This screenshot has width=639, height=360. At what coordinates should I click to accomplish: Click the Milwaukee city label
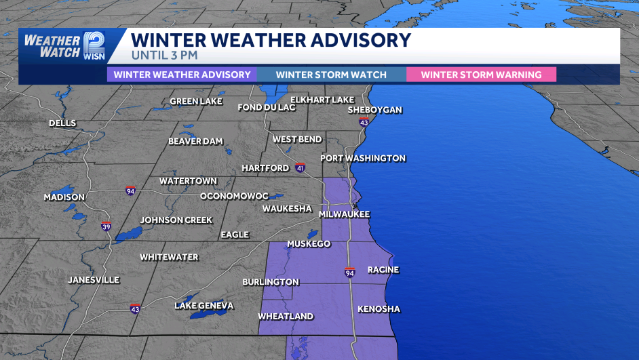click(x=345, y=214)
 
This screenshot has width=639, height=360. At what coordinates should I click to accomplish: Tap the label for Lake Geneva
click(x=204, y=306)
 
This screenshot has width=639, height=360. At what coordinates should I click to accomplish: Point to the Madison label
click(x=64, y=197)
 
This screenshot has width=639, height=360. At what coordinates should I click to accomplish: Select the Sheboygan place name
click(x=375, y=110)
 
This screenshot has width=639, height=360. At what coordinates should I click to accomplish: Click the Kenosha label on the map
click(x=379, y=309)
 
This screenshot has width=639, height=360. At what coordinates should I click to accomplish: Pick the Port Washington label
click(x=364, y=158)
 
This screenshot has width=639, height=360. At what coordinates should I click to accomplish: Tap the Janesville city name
click(x=94, y=279)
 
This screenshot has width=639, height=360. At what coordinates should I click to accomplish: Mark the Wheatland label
click(x=286, y=317)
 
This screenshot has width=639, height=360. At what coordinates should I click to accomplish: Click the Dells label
click(x=62, y=123)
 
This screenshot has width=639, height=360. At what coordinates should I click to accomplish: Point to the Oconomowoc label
click(x=234, y=196)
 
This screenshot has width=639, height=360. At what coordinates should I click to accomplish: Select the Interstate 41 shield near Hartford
click(x=300, y=167)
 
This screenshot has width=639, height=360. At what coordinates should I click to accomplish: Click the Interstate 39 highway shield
click(x=106, y=226)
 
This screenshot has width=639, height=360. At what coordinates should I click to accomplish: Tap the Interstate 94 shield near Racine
click(x=349, y=273)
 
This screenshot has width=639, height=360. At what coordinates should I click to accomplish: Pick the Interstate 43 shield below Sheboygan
click(x=364, y=123)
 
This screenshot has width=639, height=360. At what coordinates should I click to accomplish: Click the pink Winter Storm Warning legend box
click(x=481, y=75)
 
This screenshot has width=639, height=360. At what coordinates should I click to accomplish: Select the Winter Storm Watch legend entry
click(x=331, y=75)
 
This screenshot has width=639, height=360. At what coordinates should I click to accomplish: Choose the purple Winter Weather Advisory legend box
click(x=182, y=75)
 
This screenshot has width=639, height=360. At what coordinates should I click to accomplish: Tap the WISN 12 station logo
click(x=94, y=45)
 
